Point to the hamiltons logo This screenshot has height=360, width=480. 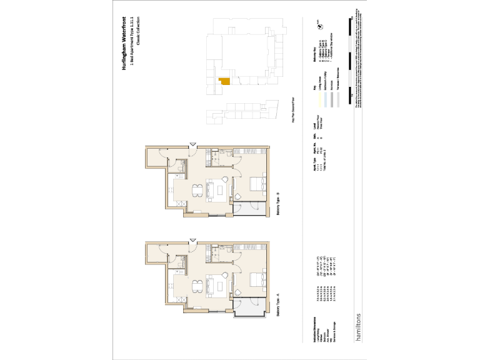(357, 326)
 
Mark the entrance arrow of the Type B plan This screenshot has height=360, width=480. (192, 146)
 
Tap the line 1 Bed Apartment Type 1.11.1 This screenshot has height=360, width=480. (131, 46)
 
